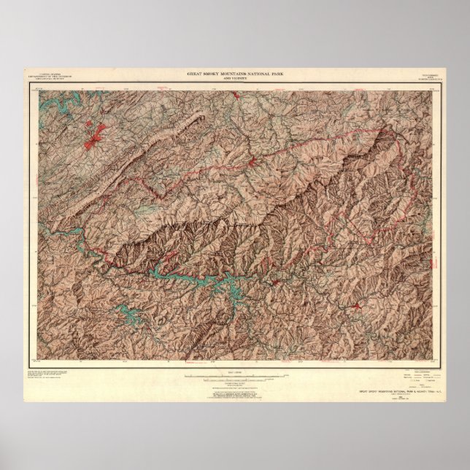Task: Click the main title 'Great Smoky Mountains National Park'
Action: pos(234,74)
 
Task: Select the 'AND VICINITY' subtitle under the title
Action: pos(234,78)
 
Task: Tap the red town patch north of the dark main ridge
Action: pos(252,160)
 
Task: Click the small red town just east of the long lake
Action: pos(276,280)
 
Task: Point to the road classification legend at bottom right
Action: pos(419,380)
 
